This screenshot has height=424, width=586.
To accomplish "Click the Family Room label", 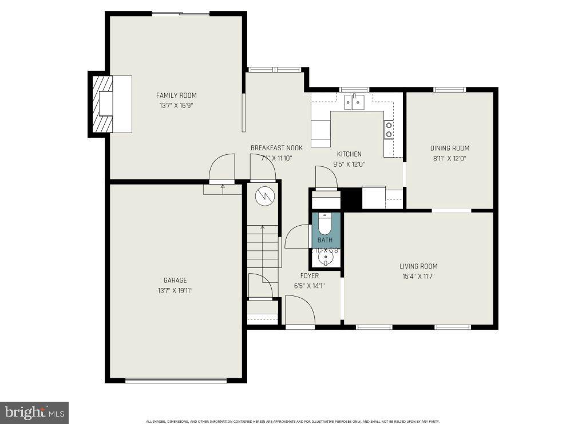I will pyautogui.click(x=176, y=95).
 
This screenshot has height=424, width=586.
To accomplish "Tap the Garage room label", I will pyautogui.click(x=175, y=281).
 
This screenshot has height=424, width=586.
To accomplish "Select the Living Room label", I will pyautogui.click(x=418, y=266).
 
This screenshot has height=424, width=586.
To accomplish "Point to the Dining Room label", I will pyautogui.click(x=450, y=149).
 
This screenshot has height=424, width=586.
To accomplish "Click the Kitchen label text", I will pyautogui.click(x=349, y=154).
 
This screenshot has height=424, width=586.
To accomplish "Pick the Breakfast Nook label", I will pyautogui.click(x=276, y=148).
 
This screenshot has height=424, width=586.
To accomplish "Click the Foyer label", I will pyautogui.click(x=310, y=276).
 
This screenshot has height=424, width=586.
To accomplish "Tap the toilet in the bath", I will pyautogui.click(x=325, y=223).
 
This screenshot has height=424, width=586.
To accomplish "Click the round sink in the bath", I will pyautogui.click(x=326, y=259).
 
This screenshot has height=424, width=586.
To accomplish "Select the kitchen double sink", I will pyautogui.click(x=355, y=103).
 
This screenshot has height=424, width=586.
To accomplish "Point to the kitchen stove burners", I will pyautogui.click(x=389, y=129).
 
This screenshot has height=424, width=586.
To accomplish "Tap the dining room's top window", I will pyautogui.click(x=449, y=89).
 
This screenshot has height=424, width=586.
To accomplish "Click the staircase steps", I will pyautogui.click(x=263, y=246).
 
